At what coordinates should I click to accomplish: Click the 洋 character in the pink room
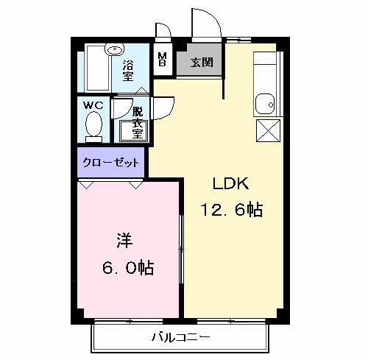coord(123,241)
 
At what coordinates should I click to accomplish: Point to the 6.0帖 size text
coord(127,267)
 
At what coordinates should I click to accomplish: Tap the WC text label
coord(93,105)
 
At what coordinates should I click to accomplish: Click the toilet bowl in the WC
coord(93,127)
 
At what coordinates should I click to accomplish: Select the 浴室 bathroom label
coord(127,71)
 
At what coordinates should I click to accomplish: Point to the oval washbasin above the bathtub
coord(113,51)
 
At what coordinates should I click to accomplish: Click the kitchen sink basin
coord(265,105)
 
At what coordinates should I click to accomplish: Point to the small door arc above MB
coord(163,30)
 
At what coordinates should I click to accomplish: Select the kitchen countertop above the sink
coord(265,71)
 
